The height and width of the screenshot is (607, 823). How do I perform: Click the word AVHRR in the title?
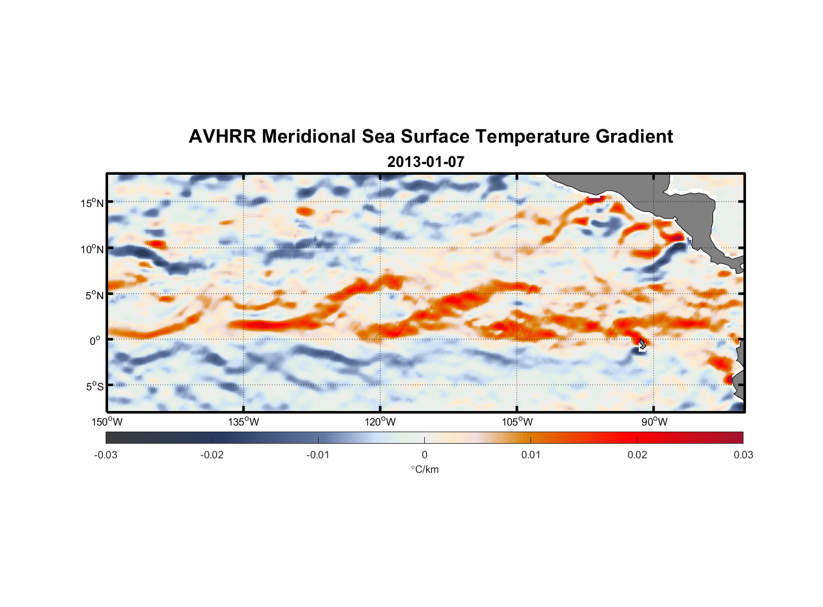tap(222, 137)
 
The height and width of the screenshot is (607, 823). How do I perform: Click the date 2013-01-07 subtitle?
tap(425, 162)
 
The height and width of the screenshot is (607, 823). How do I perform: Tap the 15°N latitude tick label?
tap(92, 203)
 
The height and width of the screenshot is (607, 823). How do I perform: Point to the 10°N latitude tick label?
tap(92, 249)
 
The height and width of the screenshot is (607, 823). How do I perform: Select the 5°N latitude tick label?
tap(94, 295)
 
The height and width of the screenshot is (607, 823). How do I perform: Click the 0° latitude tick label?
tap(95, 341)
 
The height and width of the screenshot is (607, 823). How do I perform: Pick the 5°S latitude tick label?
tap(94, 386)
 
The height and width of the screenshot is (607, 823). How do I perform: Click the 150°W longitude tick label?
tap(107, 422)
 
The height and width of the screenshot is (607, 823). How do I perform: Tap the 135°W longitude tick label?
tap(243, 422)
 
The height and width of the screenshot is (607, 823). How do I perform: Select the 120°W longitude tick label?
tap(381, 422)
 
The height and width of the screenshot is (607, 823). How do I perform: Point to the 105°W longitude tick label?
tap(517, 422)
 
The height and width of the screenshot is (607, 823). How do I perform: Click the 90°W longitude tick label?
tap(654, 422)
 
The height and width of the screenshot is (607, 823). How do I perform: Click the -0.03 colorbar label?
tap(106, 455)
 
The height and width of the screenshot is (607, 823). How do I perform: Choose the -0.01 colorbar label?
tap(318, 455)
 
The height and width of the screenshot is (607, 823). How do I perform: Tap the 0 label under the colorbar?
tap(424, 455)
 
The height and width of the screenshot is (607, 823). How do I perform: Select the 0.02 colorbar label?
tap(637, 455)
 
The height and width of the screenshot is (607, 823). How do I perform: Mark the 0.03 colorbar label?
tap(743, 455)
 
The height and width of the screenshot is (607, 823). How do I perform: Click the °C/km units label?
tap(425, 469)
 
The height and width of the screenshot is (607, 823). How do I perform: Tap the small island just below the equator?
tap(643, 345)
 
